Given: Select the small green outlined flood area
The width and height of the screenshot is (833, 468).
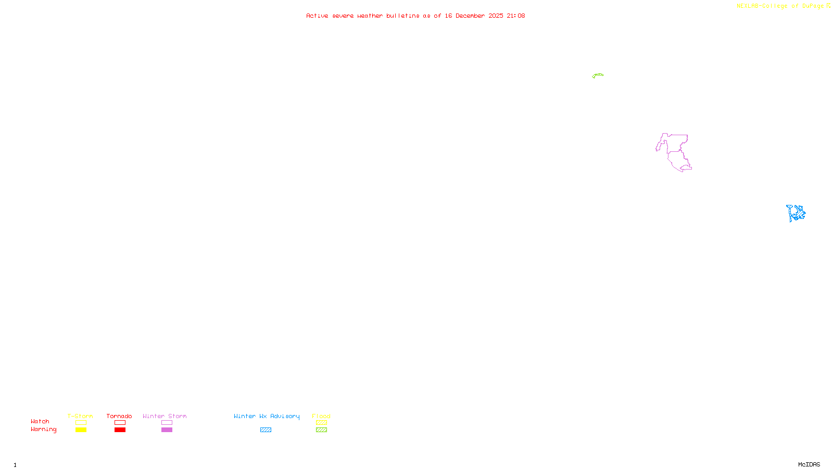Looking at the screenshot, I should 598,75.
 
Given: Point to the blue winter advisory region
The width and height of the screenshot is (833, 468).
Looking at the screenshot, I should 796,213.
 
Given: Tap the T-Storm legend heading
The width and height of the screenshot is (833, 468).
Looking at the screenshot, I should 80,416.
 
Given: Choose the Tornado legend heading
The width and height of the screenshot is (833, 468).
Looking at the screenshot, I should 119,416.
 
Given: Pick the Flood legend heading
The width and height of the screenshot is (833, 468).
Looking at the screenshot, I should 321,416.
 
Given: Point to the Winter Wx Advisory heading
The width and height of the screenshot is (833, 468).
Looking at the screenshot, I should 267,416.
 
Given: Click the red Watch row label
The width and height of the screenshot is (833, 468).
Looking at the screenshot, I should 40,421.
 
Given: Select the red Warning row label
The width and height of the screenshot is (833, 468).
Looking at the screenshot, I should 43,430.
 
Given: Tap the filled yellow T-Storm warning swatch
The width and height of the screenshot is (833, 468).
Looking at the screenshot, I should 81,430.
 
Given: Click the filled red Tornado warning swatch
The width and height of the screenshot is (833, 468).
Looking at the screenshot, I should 120,430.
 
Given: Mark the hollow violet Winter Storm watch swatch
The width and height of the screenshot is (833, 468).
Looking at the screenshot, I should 167,423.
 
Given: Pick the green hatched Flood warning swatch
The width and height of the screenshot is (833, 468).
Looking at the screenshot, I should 321,430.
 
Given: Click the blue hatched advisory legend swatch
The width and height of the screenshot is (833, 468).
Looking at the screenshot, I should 266,430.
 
